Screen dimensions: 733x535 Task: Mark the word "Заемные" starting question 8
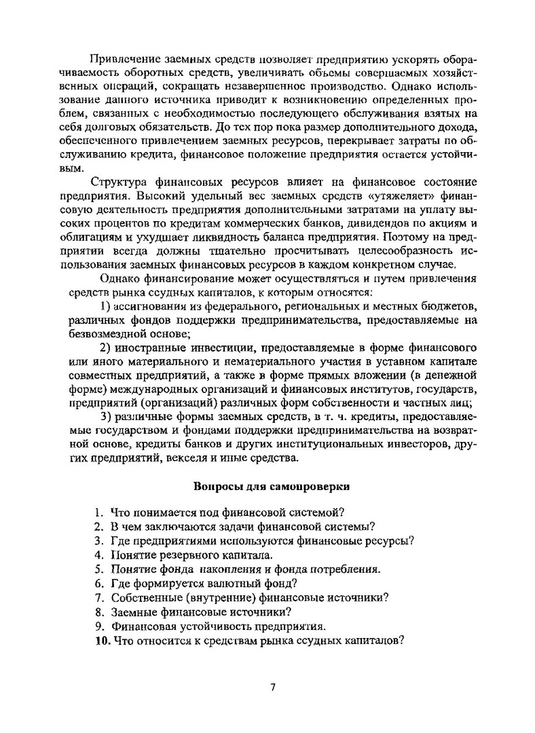(132, 611)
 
